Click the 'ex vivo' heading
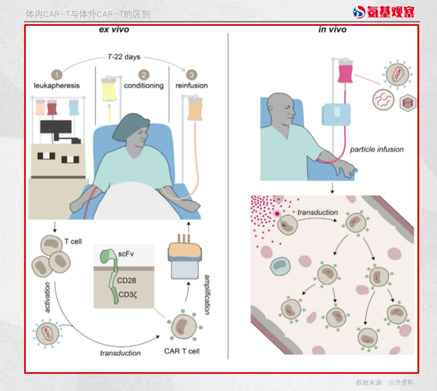click(114, 30)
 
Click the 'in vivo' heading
click(333, 30)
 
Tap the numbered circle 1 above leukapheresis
click(57, 75)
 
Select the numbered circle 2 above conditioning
click(144, 75)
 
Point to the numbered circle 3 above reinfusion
click(192, 75)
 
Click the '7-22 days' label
click(124, 57)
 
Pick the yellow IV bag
click(109, 89)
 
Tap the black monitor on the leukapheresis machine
click(56, 127)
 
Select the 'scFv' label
click(126, 254)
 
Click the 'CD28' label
click(126, 280)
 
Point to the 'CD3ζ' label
click(128, 295)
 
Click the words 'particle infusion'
click(377, 149)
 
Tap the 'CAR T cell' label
click(182, 351)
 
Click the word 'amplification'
click(207, 295)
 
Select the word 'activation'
click(47, 297)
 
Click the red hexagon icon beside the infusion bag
click(408, 103)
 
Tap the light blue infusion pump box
click(336, 115)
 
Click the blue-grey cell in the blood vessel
click(280, 266)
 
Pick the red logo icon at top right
click(359, 12)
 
